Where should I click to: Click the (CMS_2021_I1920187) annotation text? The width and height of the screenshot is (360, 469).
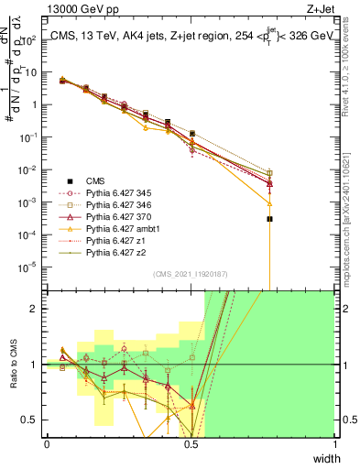(x=190, y=273)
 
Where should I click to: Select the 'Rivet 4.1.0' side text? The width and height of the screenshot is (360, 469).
(x=353, y=64)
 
